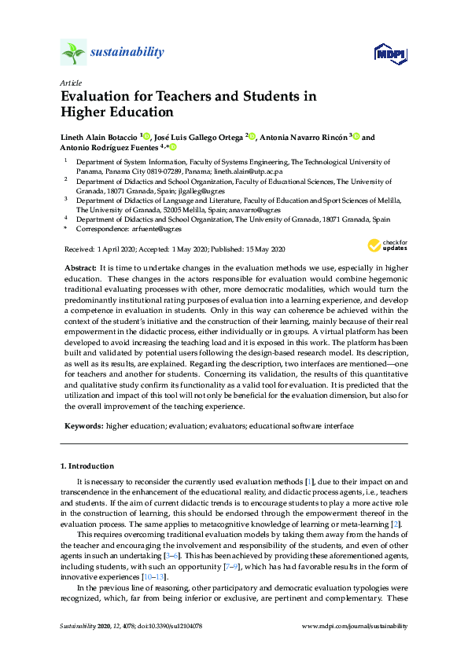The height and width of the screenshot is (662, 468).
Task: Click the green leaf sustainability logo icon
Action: click(x=73, y=52)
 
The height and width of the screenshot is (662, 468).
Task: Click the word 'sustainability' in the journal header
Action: click(x=127, y=52)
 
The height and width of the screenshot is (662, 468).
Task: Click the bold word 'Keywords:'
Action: click(x=84, y=425)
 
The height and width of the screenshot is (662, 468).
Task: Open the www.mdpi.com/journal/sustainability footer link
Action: click(x=355, y=626)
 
